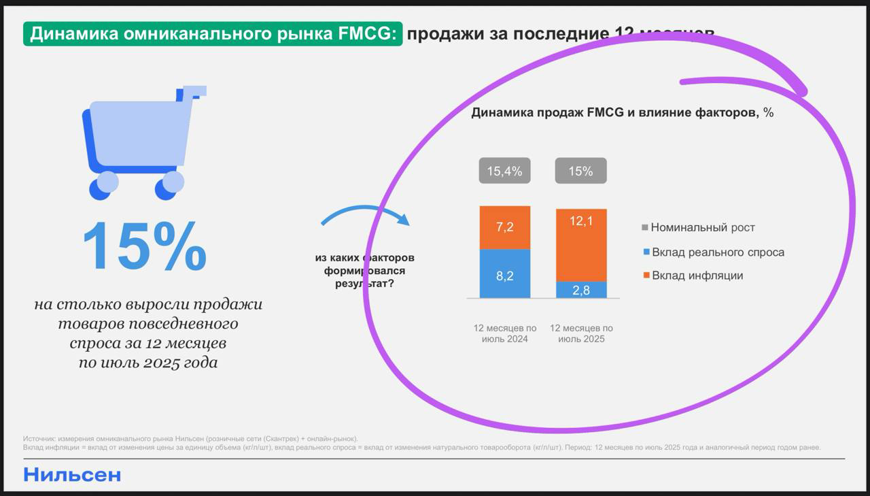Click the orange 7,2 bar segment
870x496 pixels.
[504, 227]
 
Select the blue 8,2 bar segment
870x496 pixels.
[504, 274]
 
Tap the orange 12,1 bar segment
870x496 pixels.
[581, 245]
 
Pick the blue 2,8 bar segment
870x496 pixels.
[581, 290]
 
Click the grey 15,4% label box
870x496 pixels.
[504, 171]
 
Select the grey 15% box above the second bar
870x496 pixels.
[581, 171]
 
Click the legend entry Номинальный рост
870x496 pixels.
[702, 228]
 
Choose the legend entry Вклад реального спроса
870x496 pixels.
[717, 252]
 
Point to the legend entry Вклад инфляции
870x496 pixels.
[697, 276]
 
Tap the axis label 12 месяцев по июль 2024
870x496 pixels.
[504, 333]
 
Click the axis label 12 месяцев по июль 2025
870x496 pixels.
[581, 333]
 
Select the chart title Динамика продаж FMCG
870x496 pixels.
[622, 113]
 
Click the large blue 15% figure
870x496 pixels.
[144, 246]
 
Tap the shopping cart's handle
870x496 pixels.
[194, 90]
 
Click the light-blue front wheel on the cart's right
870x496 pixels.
[173, 182]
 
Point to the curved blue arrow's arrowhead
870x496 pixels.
[403, 219]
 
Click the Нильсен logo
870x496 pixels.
[72, 475]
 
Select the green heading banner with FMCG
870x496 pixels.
[213, 34]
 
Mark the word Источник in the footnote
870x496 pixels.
[39, 439]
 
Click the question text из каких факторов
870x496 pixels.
[364, 259]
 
